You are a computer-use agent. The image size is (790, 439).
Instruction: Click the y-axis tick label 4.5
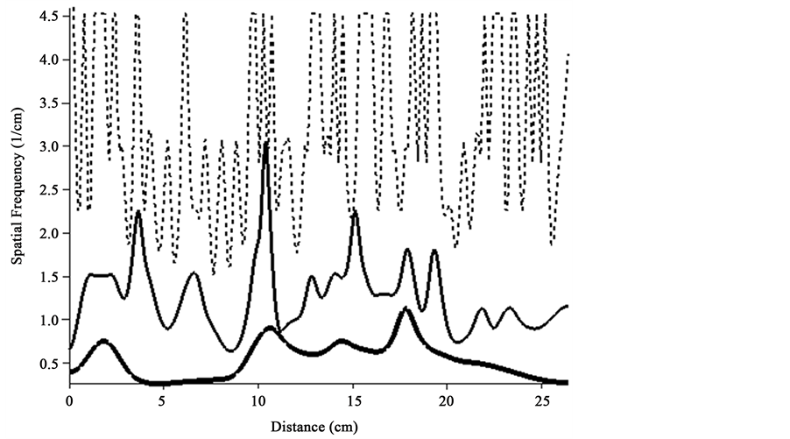point(49,17)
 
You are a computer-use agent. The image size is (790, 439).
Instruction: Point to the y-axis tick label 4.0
point(49,60)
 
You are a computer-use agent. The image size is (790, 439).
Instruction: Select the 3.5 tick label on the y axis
point(49,103)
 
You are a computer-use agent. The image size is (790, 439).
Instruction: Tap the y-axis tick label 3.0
point(49,146)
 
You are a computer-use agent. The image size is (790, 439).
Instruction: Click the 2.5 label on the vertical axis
point(49,190)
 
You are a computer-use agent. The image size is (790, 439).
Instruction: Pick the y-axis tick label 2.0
point(49,234)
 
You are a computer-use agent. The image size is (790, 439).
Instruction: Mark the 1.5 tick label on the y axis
point(49,277)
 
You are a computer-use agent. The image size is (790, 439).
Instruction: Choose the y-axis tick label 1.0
point(49,321)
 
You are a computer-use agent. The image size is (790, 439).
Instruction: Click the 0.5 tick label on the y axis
point(49,364)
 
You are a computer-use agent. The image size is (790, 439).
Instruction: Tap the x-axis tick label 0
point(70,400)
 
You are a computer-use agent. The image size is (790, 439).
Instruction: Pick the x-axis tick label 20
point(447,400)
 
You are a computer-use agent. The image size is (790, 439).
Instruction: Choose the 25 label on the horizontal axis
point(541,400)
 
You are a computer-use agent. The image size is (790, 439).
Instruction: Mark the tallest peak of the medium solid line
point(266,143)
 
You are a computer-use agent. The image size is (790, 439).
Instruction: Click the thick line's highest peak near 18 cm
point(406,309)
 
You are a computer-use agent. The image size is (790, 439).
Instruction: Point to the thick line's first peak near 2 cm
point(104,341)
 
